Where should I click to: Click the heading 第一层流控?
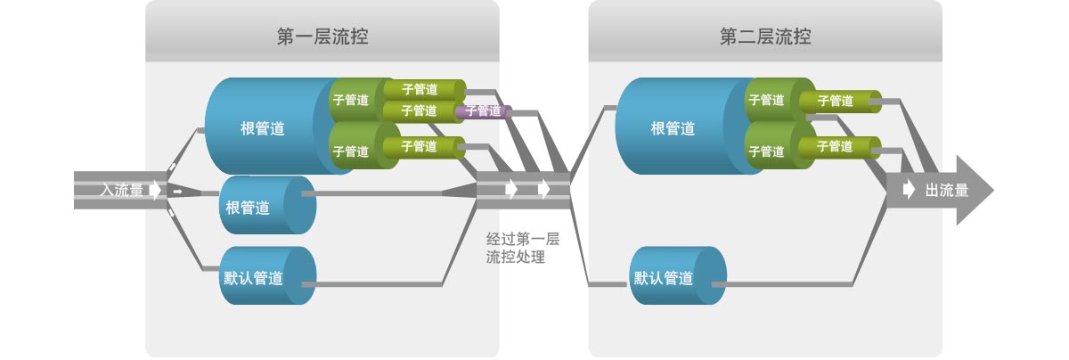pyautogui.click(x=322, y=37)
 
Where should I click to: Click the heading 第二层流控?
pyautogui.click(x=765, y=37)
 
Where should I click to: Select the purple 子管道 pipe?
pyautogui.click(x=484, y=111)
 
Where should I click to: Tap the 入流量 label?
pyautogui.click(x=122, y=190)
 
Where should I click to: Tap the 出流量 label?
pyautogui.click(x=947, y=191)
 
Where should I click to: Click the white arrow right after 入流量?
pyautogui.click(x=155, y=190)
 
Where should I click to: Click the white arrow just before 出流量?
pyautogui.click(x=909, y=190)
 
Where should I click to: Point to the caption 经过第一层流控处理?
pyautogui.click(x=523, y=248)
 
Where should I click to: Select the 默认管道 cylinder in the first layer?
pyautogui.click(x=268, y=275)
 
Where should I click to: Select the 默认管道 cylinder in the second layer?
pyautogui.click(x=678, y=275)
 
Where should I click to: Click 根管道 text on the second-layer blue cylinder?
pyautogui.click(x=673, y=128)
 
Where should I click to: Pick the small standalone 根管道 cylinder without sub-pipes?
pyautogui.click(x=268, y=205)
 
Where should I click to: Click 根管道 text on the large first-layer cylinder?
pyautogui.click(x=263, y=128)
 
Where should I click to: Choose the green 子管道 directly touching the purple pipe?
pyautogui.click(x=423, y=111)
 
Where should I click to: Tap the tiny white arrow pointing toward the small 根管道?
pyautogui.click(x=177, y=192)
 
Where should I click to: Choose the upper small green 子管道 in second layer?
pyautogui.click(x=840, y=102)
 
